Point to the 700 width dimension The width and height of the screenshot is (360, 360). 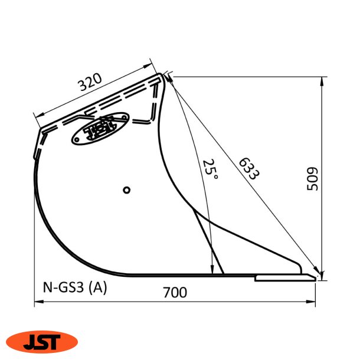(175, 292)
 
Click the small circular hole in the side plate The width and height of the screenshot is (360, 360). (126, 190)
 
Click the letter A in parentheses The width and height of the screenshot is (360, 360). (97, 288)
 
